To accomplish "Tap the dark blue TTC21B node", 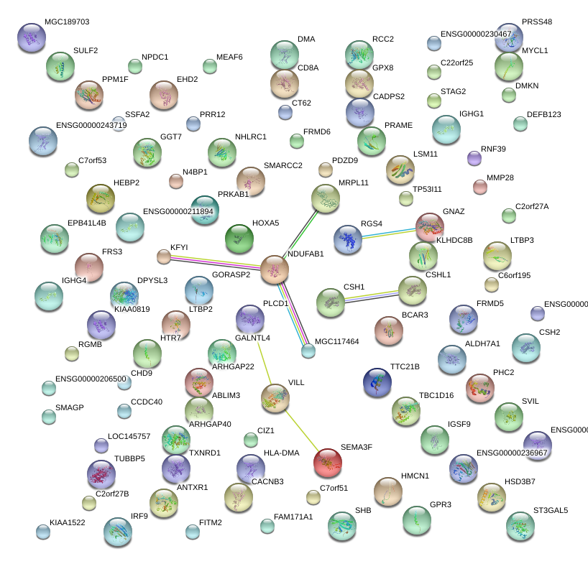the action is [377, 382].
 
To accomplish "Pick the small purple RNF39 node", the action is [474, 157].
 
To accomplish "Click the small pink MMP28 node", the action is [480, 187].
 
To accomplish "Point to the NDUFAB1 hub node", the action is [274, 269].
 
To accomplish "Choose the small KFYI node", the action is [164, 256].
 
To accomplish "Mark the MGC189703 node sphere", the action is [30, 37].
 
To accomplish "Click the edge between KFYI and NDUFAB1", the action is [219, 262].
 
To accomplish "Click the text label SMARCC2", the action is [283, 166].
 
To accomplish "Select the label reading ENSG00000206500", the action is [91, 379].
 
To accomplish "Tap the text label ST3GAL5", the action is [551, 511].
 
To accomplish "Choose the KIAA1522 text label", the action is [68, 522].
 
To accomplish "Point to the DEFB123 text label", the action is [543, 114].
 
